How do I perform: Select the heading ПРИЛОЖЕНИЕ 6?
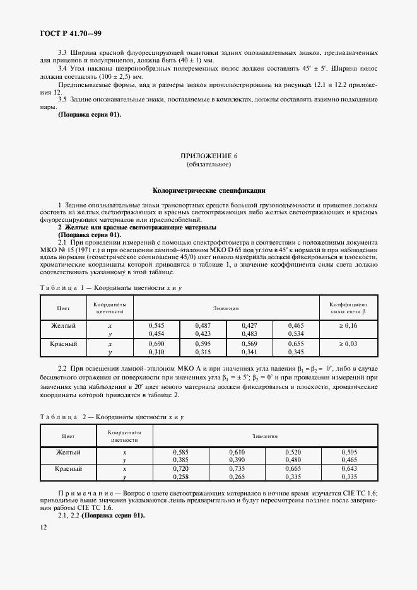(208, 156)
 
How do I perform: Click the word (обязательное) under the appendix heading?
(208, 165)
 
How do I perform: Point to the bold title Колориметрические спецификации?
(208, 189)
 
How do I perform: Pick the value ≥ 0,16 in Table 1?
(348, 325)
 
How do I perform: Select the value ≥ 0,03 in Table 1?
(348, 344)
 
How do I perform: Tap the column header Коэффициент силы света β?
(348, 307)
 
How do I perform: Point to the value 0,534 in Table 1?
(296, 333)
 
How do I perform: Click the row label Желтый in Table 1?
(63, 325)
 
